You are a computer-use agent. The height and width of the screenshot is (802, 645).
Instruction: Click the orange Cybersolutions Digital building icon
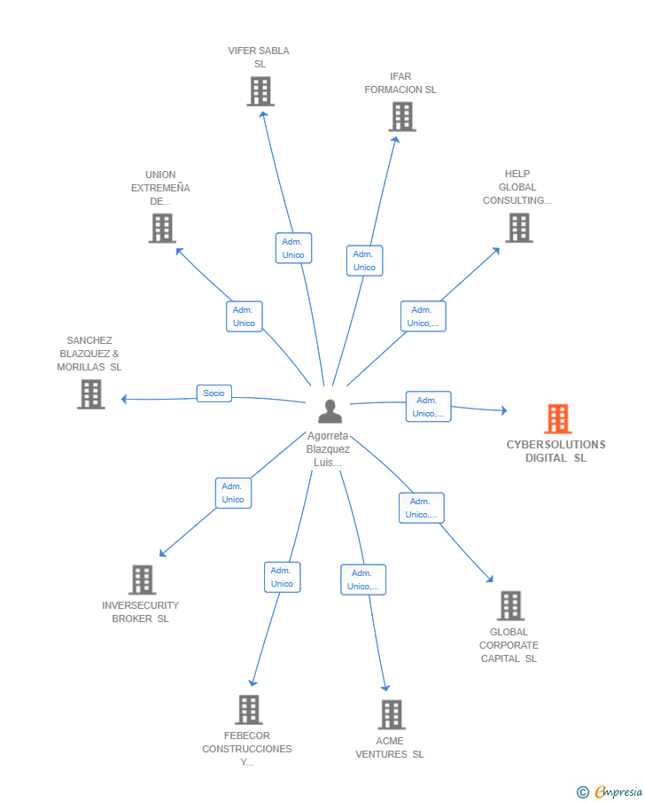[x=557, y=419]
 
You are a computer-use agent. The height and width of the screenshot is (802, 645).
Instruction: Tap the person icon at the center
[x=330, y=411]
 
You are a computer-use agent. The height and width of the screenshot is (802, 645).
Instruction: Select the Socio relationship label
[x=214, y=393]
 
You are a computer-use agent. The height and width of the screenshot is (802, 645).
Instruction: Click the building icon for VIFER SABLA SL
[x=260, y=91]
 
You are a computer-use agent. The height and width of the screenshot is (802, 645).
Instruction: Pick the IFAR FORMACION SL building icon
[x=402, y=117]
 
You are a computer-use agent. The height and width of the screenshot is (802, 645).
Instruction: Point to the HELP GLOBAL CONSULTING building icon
[x=519, y=228]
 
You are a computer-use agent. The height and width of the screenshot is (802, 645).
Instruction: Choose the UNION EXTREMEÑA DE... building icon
[x=162, y=228]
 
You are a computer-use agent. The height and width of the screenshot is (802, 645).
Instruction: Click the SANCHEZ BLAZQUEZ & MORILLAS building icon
[x=91, y=394]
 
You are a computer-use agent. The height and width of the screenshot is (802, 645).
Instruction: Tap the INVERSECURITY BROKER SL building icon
[x=142, y=580]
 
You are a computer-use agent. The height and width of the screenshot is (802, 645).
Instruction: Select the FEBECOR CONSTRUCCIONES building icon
[x=249, y=710]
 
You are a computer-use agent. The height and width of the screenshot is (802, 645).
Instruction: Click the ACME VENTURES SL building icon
[x=392, y=714]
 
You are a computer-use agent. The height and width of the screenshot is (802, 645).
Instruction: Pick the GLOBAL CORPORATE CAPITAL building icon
[x=510, y=605]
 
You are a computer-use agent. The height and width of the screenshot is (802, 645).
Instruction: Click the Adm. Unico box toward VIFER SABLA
[x=293, y=248]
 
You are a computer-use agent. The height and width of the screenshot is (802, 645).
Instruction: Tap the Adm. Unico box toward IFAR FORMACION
[x=365, y=261]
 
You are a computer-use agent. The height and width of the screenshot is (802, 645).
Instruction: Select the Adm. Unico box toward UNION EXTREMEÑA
[x=245, y=316]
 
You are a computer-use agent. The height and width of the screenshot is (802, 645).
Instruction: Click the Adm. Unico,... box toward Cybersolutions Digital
[x=429, y=407]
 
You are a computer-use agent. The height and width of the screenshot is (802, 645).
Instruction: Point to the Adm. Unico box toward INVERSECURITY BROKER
[x=233, y=493]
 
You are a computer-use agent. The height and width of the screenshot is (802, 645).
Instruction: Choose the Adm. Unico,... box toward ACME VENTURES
[x=363, y=580]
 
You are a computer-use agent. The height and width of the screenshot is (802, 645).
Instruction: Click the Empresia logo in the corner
[x=610, y=791]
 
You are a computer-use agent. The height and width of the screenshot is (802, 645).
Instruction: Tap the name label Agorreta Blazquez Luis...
[x=328, y=449]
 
